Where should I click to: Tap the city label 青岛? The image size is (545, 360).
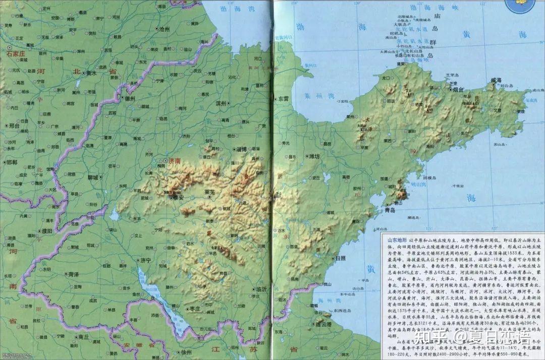pyautogui.click(x=390, y=209)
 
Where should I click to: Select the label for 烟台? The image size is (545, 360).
pyautogui.click(x=458, y=89)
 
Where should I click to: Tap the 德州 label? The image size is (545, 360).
pyautogui.click(x=130, y=99)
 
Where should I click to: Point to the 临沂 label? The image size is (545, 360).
pyautogui.click(x=261, y=289)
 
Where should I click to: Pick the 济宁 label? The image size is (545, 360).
pyautogui.click(x=146, y=261)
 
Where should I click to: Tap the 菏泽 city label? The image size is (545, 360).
pyautogui.click(x=73, y=274)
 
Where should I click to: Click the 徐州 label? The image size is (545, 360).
pyautogui.click(x=186, y=351)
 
